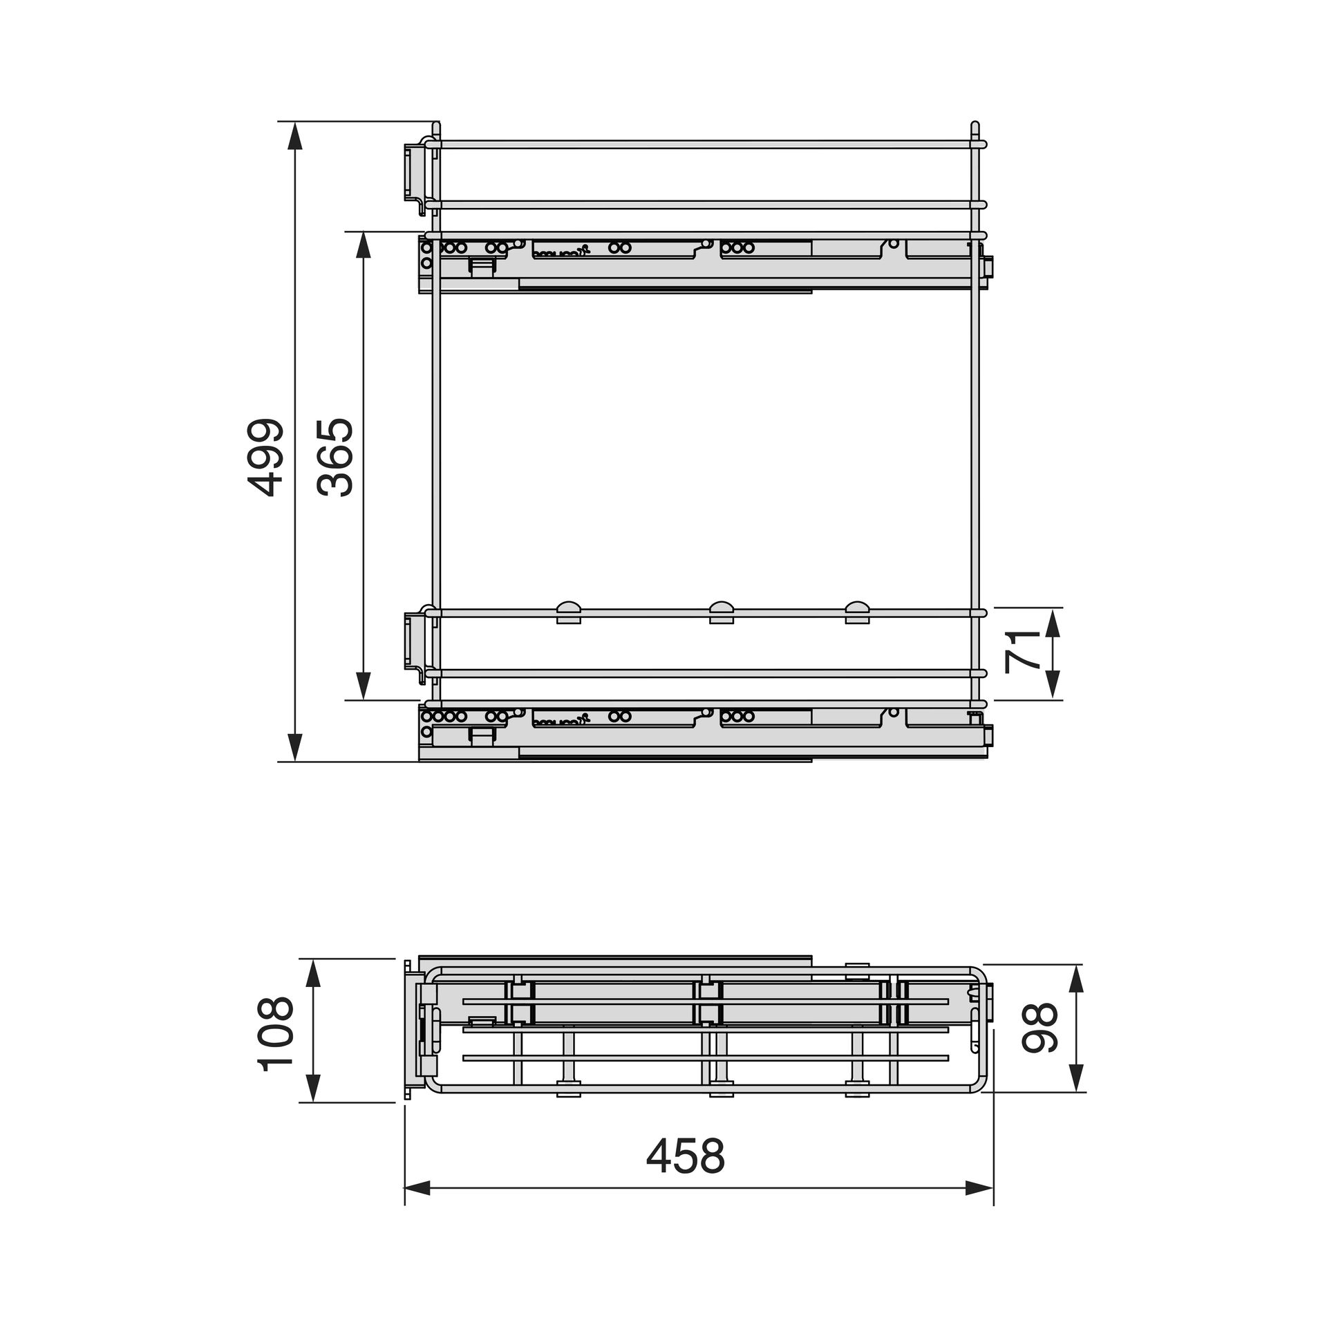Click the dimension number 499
tap(266, 457)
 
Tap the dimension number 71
tap(1022, 652)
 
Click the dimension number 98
tap(1039, 1028)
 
